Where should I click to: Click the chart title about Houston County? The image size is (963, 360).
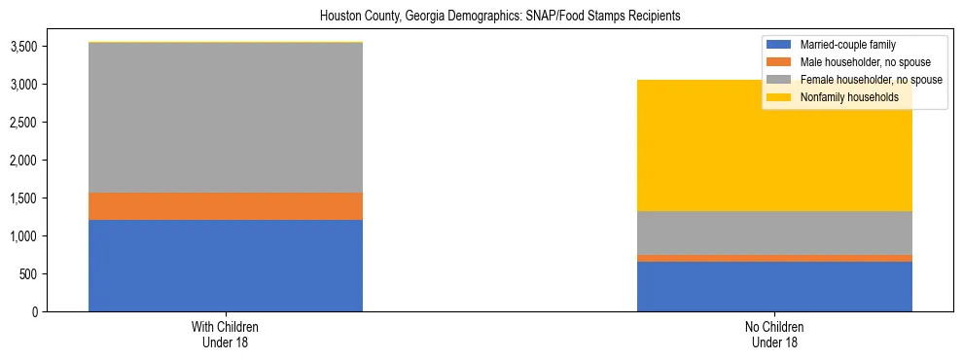481,16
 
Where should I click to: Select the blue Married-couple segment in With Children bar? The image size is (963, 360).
226,266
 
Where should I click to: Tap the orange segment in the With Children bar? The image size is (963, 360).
226,206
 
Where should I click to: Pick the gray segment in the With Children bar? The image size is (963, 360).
226,117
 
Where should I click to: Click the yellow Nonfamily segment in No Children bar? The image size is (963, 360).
774,156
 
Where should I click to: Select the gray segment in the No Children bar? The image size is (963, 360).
774,233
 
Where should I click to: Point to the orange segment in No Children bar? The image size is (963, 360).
774,258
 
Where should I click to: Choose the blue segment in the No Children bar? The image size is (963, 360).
774,286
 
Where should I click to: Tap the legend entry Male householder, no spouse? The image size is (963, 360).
863,62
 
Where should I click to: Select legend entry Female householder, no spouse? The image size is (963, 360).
870,80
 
